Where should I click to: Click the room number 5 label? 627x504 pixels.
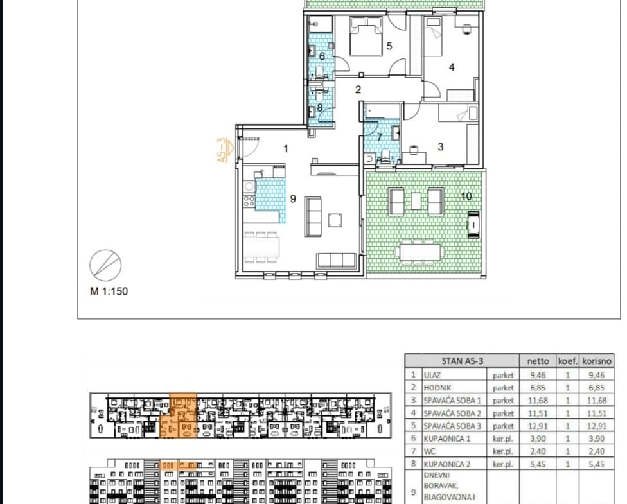click(x=389, y=46)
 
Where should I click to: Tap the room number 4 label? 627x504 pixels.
click(x=452, y=67)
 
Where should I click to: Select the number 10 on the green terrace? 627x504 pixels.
click(x=466, y=196)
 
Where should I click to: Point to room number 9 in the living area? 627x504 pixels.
click(x=293, y=198)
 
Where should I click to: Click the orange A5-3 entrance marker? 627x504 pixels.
click(x=225, y=150)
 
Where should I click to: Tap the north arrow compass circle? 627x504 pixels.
click(x=105, y=265)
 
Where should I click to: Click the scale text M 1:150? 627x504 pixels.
click(x=109, y=291)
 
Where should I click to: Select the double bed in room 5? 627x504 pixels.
click(x=366, y=36)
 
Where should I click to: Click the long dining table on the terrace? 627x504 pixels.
click(x=419, y=252)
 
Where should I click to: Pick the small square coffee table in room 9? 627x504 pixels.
click(x=335, y=220)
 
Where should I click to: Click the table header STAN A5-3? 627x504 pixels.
click(x=463, y=361)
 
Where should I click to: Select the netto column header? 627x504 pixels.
click(x=538, y=361)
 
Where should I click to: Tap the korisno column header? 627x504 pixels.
click(x=597, y=361)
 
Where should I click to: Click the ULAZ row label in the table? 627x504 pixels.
click(x=432, y=375)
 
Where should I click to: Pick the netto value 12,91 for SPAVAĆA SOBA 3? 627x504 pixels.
click(x=538, y=426)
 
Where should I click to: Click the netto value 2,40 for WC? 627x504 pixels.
click(x=538, y=451)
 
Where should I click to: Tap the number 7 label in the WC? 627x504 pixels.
click(x=380, y=137)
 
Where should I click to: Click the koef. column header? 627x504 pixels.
click(x=568, y=361)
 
